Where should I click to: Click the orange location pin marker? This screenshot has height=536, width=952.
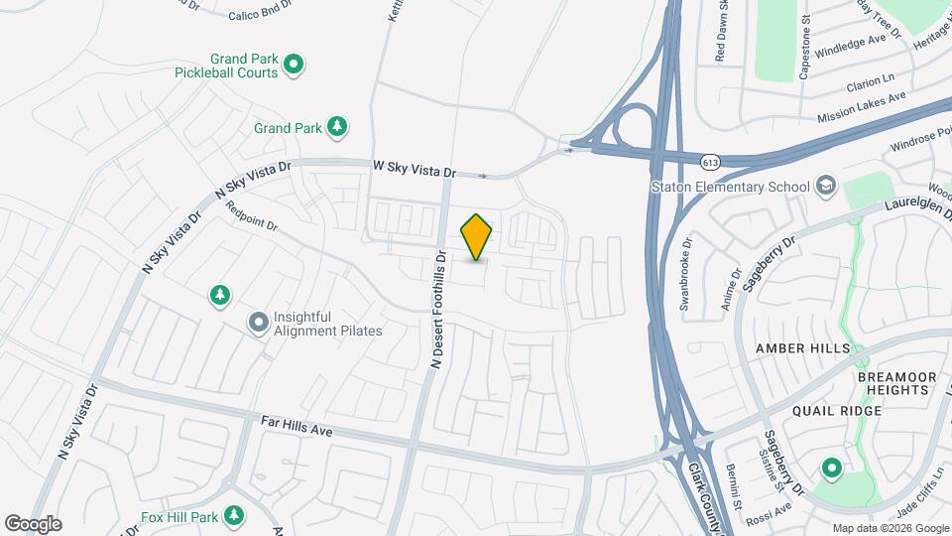477,237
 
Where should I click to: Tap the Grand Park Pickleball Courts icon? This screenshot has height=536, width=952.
293,66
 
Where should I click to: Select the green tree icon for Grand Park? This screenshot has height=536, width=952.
338,126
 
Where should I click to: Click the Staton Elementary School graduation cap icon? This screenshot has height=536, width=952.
825,186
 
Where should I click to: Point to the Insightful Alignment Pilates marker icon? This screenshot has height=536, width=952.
259,323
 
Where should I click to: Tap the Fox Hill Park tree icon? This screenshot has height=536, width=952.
234,516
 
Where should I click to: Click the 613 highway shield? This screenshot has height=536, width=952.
710,161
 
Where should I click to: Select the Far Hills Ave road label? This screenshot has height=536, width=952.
296,429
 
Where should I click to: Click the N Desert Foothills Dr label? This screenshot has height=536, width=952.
437,309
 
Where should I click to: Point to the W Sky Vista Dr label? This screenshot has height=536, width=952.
414,171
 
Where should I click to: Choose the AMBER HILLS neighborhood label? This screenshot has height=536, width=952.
803,348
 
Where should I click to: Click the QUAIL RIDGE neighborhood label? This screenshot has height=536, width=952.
837,411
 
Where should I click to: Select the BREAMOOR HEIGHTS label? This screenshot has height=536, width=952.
894,383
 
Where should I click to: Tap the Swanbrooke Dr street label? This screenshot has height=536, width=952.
685,274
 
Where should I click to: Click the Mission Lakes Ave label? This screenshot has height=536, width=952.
862,108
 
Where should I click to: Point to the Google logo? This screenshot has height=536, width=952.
33,523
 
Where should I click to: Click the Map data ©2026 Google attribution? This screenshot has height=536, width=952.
890,528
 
